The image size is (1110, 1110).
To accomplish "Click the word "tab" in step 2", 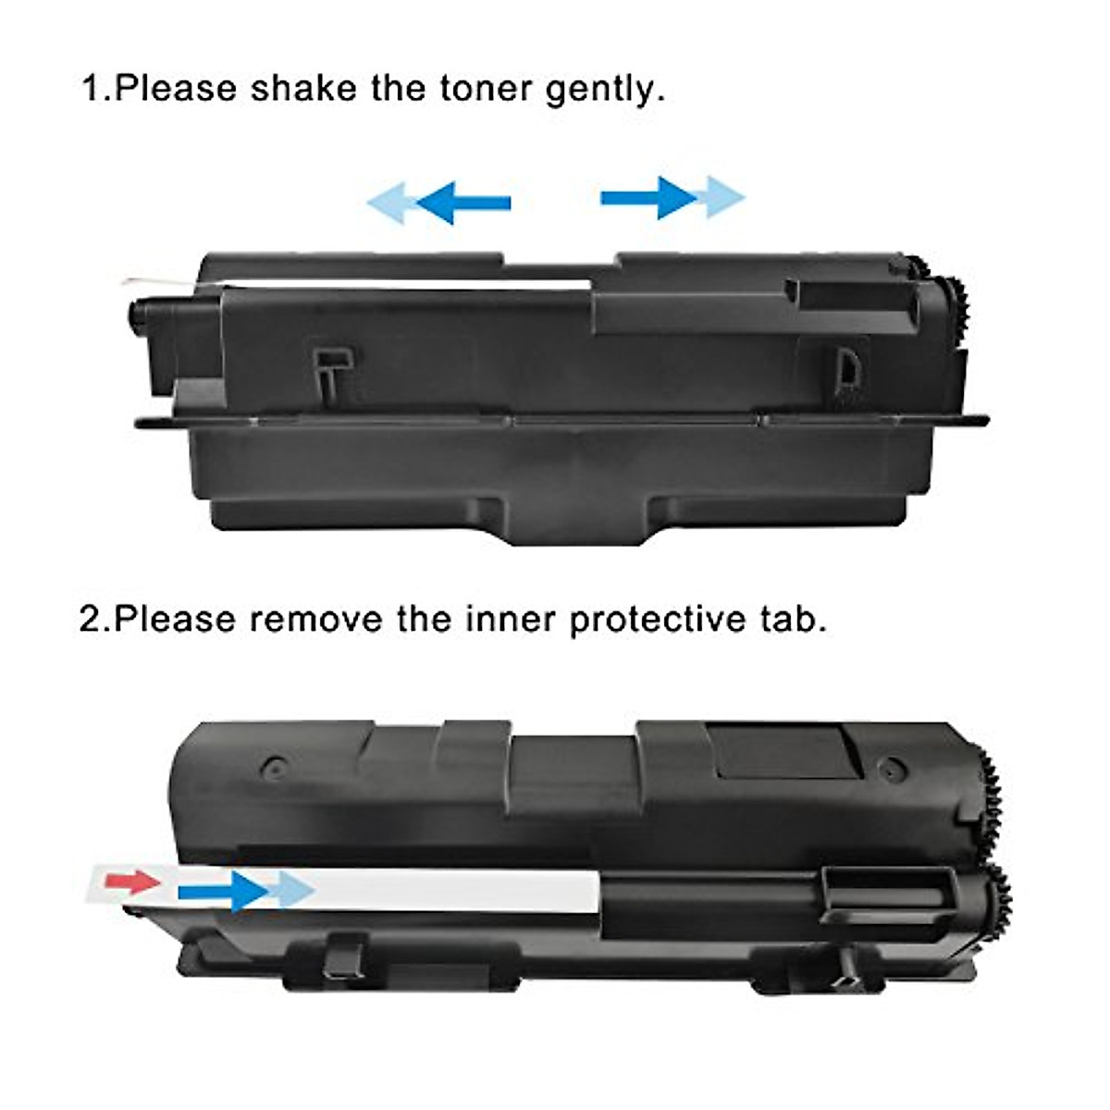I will coord(793,619).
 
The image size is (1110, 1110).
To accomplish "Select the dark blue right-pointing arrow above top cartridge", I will coord(648,197).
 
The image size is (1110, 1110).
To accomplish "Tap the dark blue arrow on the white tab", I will coord(222,891).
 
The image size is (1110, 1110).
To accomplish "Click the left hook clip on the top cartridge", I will coord(329,370).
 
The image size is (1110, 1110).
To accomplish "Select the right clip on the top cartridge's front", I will coord(846,370).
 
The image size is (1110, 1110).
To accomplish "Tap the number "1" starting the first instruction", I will coord(91,89).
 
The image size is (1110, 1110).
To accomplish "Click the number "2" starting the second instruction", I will coord(90,619).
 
